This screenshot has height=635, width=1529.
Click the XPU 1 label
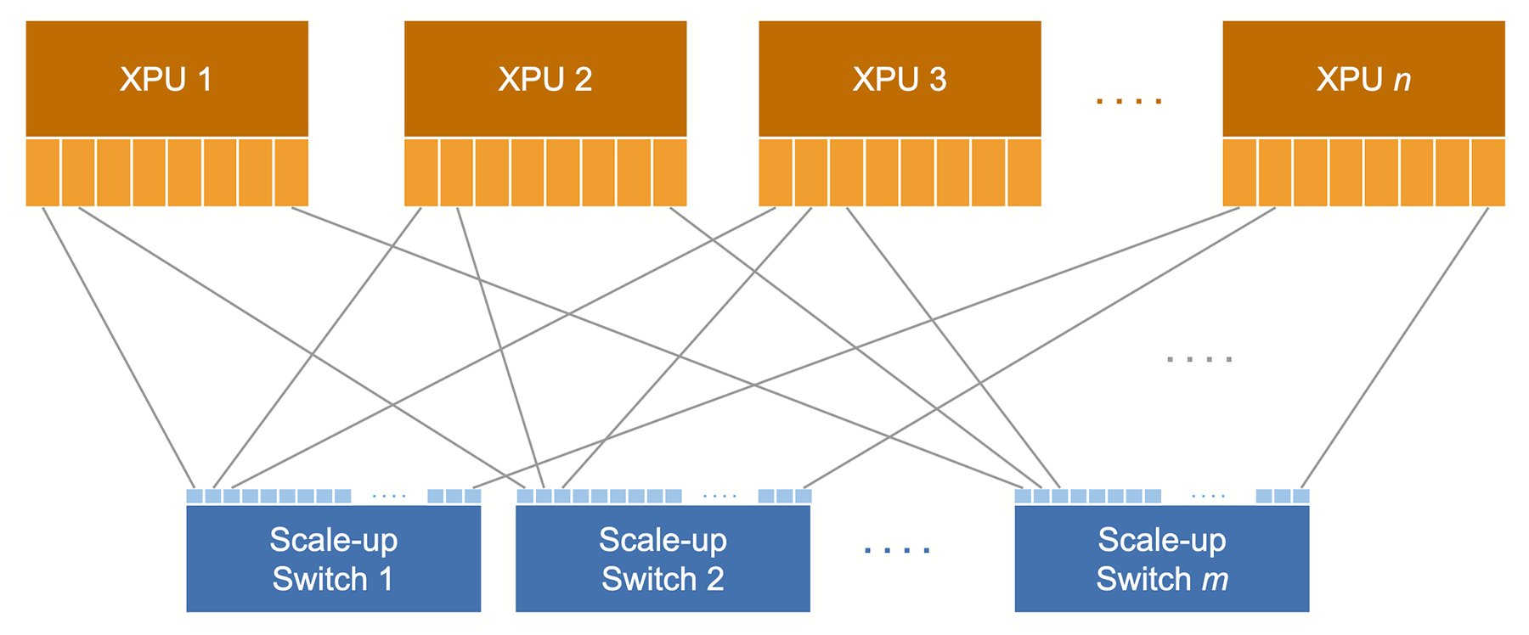coord(166,80)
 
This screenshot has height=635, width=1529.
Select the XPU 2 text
coord(544,80)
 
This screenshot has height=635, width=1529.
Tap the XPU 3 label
coord(899,80)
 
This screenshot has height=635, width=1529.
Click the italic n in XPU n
coord(1402,80)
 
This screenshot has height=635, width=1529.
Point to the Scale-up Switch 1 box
coord(333,559)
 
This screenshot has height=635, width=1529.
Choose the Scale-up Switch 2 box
coord(663,559)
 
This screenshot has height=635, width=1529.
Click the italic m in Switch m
coord(1215,580)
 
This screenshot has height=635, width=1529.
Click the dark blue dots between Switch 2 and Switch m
coord(897,550)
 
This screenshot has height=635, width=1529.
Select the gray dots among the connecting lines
coord(1199,360)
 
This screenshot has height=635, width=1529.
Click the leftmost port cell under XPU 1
coord(42,173)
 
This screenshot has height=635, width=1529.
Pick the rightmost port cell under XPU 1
coord(291,173)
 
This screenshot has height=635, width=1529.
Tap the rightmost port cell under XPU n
coord(1488,173)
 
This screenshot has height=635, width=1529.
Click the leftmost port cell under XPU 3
coord(775,173)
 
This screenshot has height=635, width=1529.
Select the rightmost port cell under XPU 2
coord(669,173)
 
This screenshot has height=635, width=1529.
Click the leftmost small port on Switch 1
coord(195,496)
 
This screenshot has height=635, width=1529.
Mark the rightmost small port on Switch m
coord(1300,496)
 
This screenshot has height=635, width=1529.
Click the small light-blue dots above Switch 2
coord(720,496)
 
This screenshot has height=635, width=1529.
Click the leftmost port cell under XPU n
coord(1239,173)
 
